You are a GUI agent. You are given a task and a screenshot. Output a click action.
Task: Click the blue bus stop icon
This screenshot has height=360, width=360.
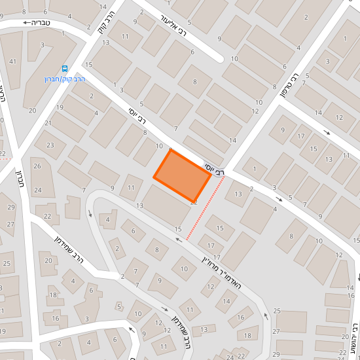[x=65, y=68]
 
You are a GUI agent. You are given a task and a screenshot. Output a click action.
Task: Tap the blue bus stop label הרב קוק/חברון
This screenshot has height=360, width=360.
[x=61, y=78]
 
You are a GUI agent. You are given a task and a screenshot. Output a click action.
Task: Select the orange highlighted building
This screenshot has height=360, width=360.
[x=182, y=175]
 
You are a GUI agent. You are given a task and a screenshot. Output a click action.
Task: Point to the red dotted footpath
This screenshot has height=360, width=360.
[x=205, y=209]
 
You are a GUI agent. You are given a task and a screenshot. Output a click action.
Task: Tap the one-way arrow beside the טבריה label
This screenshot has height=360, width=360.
[x=28, y=23]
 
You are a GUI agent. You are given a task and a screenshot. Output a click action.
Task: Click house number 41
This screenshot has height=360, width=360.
[x=13, y=62]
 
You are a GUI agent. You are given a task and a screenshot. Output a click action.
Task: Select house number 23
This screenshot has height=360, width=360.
[x=49, y=145]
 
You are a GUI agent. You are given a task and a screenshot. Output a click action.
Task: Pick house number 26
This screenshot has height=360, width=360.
[x=37, y=166]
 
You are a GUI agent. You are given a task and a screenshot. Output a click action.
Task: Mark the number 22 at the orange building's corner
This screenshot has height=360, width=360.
[x=194, y=203]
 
